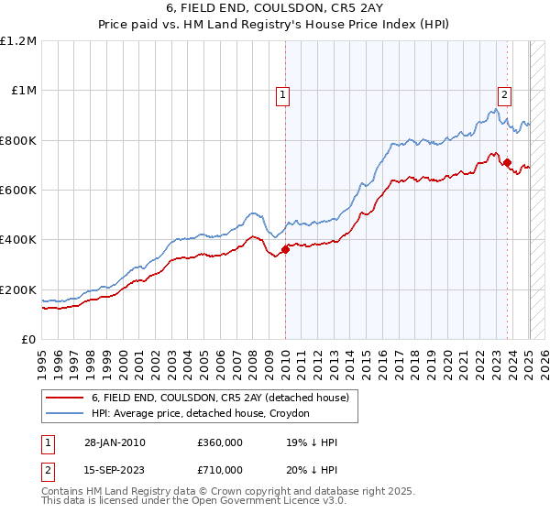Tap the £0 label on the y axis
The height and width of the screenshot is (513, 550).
pos(27,340)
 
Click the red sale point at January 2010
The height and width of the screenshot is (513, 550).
pos(285,249)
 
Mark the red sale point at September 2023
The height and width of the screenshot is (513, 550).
pos(507,163)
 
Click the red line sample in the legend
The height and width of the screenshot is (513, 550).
pos(66,398)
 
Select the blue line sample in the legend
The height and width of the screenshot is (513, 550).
pos(66,414)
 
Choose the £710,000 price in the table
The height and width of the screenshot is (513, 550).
pos(220,470)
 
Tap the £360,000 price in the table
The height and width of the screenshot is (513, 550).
pos(220,443)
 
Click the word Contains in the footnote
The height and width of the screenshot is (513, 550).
pos(63,491)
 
